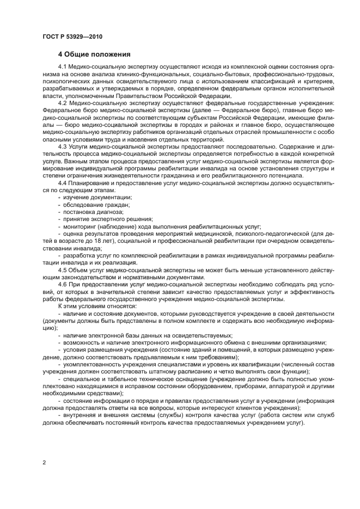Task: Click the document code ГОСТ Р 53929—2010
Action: (x=72, y=36)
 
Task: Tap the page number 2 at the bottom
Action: (x=43, y=463)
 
